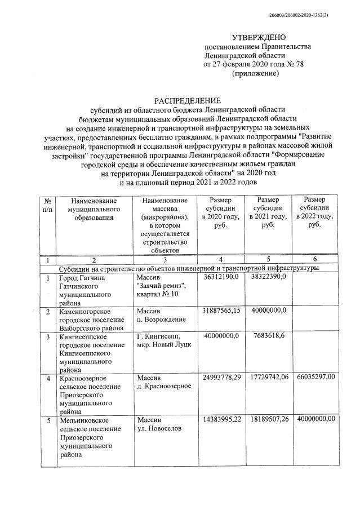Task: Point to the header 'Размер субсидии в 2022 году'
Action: point(318,212)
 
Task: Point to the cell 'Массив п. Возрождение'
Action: point(162,316)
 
